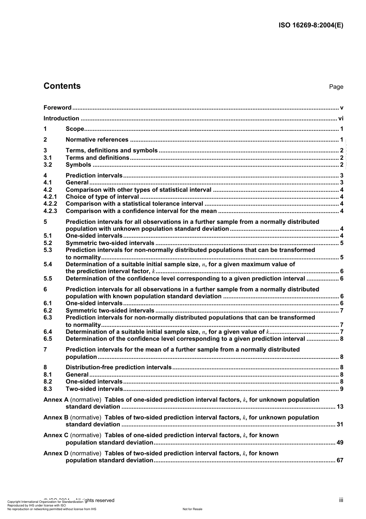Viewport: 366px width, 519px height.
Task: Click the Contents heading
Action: (x=62, y=86)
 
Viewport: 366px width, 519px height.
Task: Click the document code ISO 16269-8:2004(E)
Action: (x=311, y=25)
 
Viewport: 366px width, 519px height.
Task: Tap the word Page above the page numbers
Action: (x=336, y=87)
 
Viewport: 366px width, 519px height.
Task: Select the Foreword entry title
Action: (x=57, y=108)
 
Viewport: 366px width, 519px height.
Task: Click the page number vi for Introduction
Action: (x=341, y=118)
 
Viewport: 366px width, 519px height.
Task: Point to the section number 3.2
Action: (x=48, y=165)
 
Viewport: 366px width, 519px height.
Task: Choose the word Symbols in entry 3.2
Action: (x=79, y=165)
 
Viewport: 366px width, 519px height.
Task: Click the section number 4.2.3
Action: (x=50, y=211)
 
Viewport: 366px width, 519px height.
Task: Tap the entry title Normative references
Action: (x=97, y=140)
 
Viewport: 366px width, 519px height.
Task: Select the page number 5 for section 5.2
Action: (x=342, y=243)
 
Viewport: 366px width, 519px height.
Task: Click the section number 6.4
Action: (x=48, y=332)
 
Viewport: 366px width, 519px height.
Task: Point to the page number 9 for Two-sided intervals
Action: (x=342, y=389)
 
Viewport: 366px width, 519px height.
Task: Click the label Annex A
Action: (x=56, y=400)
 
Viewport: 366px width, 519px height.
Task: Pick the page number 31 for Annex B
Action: (x=340, y=424)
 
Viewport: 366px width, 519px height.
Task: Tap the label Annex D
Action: (x=56, y=453)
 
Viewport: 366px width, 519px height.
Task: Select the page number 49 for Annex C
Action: (x=340, y=443)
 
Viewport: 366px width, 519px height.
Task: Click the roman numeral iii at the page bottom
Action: (x=341, y=500)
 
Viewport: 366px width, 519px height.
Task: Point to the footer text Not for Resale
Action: (x=192, y=509)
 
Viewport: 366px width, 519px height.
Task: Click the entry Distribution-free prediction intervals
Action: (x=119, y=367)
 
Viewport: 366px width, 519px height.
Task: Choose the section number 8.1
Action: (x=48, y=375)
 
